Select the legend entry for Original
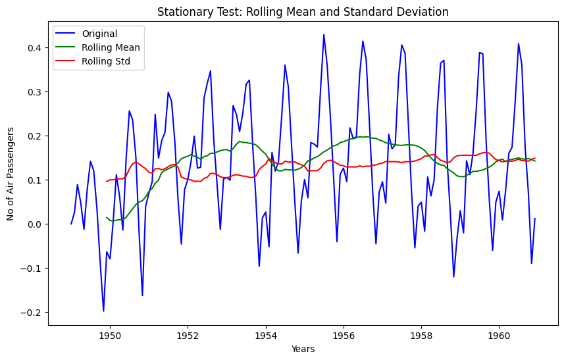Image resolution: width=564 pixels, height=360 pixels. pyautogui.click(x=100, y=34)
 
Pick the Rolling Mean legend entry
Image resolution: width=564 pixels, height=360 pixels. pyautogui.click(x=111, y=47)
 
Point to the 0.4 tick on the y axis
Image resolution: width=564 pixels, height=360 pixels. pyautogui.click(x=34, y=47)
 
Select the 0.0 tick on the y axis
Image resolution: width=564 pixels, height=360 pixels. pyautogui.click(x=34, y=224)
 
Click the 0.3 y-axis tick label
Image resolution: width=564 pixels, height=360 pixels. pyautogui.click(x=34, y=91)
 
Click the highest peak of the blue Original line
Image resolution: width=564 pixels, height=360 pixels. pyautogui.click(x=324, y=35)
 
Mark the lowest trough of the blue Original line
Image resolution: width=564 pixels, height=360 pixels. pyautogui.click(x=103, y=311)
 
